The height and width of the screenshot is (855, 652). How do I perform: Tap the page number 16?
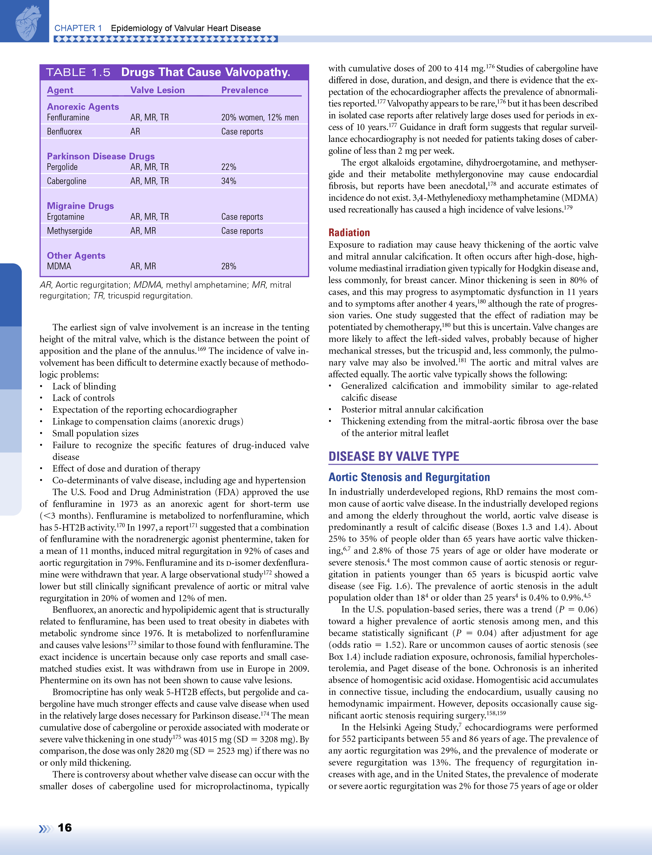click(x=65, y=828)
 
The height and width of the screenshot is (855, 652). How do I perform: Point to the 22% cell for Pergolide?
click(x=229, y=167)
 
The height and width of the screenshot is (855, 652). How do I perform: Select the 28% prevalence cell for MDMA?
click(x=229, y=266)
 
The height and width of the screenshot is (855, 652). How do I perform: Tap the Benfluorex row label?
click(x=64, y=131)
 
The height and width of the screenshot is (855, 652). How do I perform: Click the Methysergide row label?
click(x=70, y=231)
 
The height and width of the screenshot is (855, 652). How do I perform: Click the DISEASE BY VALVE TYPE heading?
click(x=393, y=456)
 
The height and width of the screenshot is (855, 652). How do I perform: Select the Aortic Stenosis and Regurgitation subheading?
click(x=409, y=477)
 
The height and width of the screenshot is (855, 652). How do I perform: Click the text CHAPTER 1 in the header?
click(x=78, y=28)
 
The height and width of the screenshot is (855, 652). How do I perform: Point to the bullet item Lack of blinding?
click(x=84, y=386)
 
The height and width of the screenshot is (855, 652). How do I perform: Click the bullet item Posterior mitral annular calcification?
click(x=412, y=410)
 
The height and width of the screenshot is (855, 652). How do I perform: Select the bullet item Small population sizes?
click(x=96, y=433)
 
